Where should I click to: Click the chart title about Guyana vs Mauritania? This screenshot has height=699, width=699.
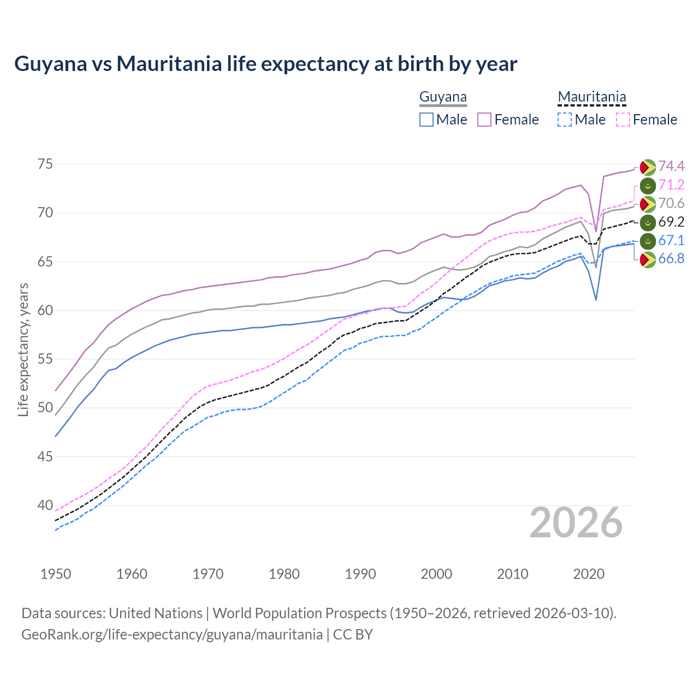click(265, 64)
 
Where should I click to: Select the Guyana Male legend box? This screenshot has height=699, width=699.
click(426, 120)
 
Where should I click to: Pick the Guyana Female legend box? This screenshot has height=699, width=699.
click(484, 120)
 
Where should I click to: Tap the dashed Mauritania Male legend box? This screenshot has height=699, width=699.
click(565, 120)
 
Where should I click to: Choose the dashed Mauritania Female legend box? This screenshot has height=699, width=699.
click(623, 120)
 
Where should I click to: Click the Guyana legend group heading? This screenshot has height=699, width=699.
click(443, 97)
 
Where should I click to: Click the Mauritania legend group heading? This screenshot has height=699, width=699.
click(591, 97)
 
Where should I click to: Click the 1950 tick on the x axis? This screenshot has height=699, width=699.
click(56, 574)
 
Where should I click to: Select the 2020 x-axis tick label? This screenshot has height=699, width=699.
click(589, 574)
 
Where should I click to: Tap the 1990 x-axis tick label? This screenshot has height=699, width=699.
click(360, 574)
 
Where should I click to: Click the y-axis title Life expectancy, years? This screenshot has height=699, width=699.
click(23, 349)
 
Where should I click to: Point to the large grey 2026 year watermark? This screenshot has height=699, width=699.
click(576, 523)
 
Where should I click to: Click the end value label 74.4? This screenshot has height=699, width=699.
click(671, 166)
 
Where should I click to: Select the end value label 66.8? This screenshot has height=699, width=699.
click(671, 259)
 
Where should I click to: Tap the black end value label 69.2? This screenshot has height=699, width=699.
click(671, 222)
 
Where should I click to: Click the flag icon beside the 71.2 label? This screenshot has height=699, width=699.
click(648, 185)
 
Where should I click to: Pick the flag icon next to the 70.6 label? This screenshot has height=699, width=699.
click(648, 204)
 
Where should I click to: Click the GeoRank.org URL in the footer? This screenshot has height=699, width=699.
click(172, 635)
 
